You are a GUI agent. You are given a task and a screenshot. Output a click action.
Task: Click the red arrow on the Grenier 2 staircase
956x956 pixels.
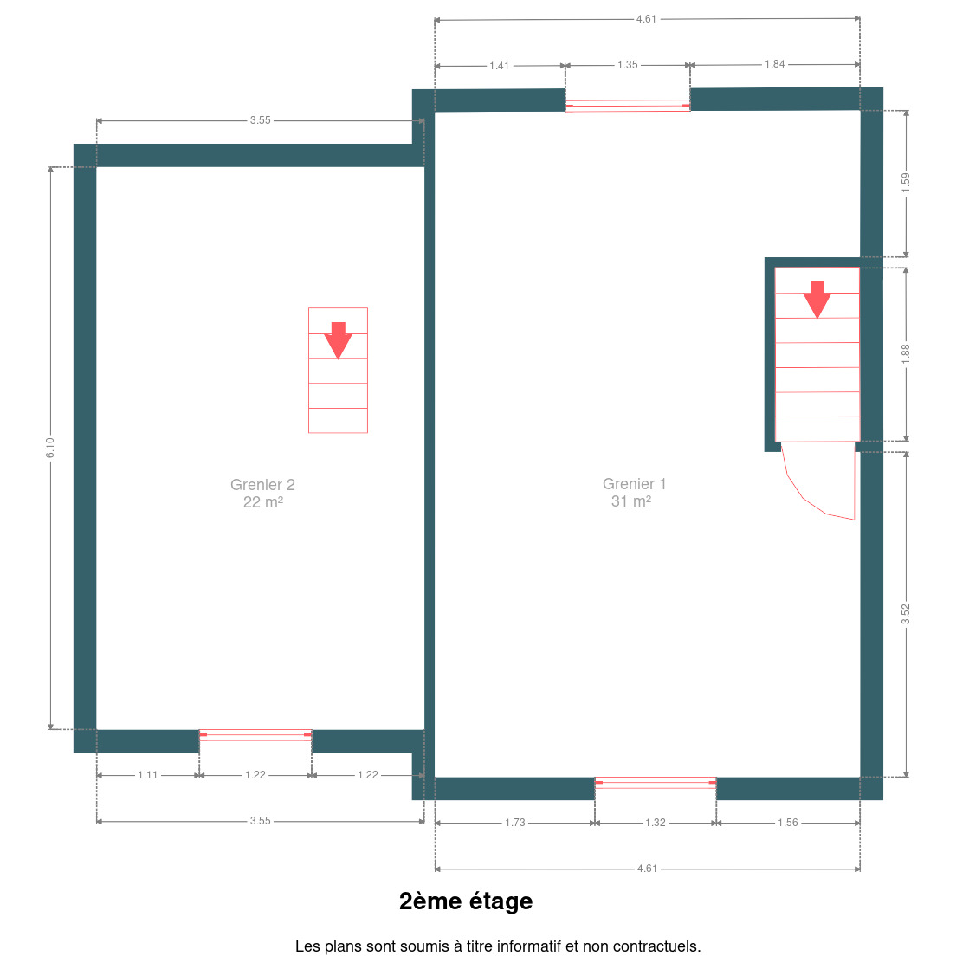pyautogui.click(x=338, y=339)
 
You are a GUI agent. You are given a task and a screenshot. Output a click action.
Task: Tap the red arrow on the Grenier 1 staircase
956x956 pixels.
pyautogui.click(x=817, y=300)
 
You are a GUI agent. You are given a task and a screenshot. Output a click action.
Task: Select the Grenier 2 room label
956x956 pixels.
pyautogui.click(x=262, y=485)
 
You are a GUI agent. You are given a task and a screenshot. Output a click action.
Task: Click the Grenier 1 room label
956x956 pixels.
pyautogui.click(x=634, y=483)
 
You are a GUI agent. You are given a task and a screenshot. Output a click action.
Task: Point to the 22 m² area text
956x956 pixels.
pyautogui.click(x=262, y=501)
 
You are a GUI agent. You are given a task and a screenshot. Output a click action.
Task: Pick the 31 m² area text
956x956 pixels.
pyautogui.click(x=631, y=501)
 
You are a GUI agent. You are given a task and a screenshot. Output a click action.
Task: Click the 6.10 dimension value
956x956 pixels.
pyautogui.click(x=50, y=448)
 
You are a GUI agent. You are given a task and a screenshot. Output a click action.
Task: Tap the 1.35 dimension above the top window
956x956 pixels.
pyautogui.click(x=627, y=65)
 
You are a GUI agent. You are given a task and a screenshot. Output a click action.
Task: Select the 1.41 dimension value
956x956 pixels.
pyautogui.click(x=499, y=66)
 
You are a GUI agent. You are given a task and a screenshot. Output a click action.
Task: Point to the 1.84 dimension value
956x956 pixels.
pyautogui.click(x=774, y=64)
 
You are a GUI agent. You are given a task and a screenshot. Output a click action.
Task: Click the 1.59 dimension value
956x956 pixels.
pyautogui.click(x=906, y=183)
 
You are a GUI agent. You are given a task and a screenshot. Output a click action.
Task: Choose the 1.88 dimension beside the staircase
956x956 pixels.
pyautogui.click(x=906, y=354)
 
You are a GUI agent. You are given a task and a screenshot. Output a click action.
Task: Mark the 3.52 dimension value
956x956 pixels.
pyautogui.click(x=906, y=614)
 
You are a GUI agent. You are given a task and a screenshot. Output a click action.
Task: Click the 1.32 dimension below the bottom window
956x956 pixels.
pyautogui.click(x=656, y=823)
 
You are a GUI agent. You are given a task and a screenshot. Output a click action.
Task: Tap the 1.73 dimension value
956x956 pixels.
pyautogui.click(x=514, y=823)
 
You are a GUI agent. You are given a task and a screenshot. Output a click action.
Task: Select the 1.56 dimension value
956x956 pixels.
pyautogui.click(x=787, y=823)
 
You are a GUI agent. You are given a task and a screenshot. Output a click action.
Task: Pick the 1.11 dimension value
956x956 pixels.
pyautogui.click(x=147, y=775)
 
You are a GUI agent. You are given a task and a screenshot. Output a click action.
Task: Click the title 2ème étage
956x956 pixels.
pyautogui.click(x=466, y=901)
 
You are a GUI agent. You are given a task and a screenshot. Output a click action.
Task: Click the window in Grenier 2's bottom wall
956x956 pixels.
pyautogui.click(x=255, y=735)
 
